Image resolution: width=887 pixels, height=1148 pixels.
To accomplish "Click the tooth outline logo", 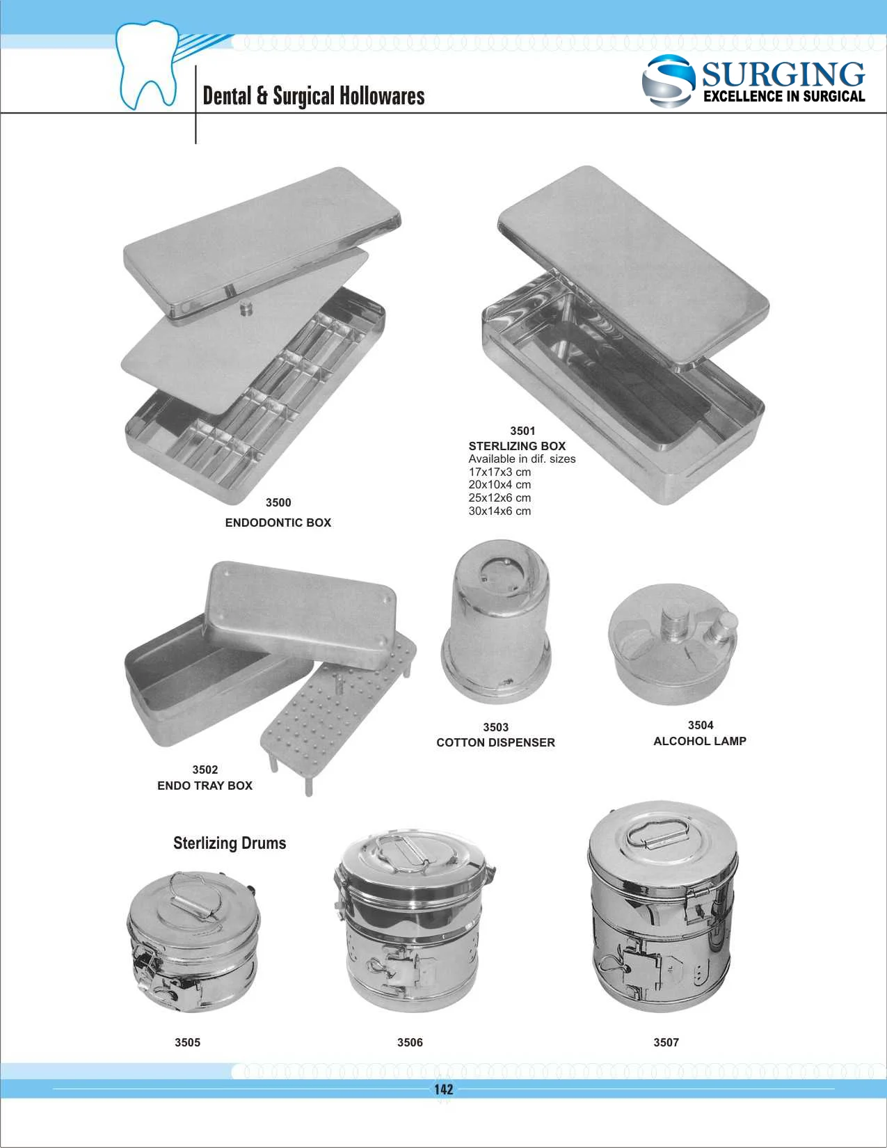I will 148,65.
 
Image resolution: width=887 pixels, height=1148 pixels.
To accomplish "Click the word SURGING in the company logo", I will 783,74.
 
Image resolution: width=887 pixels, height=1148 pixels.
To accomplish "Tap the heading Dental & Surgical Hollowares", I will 313,96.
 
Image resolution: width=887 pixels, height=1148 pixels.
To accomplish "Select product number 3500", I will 278,502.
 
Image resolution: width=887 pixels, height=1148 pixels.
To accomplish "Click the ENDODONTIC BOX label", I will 278,523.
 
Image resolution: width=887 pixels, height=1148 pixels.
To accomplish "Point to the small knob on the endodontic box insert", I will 245,307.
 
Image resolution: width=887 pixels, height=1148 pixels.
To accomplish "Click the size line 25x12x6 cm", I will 500,497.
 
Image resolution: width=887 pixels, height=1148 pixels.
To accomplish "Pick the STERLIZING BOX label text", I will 517,446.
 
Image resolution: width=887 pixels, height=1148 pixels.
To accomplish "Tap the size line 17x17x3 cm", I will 500,472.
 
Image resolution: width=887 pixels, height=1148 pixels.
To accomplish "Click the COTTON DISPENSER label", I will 495,742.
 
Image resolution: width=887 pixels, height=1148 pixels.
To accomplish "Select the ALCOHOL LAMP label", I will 699,741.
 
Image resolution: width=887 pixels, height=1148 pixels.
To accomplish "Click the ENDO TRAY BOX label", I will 205,786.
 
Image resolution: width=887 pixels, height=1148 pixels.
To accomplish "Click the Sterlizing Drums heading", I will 230,843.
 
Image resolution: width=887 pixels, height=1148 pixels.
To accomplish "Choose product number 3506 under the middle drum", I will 410,1042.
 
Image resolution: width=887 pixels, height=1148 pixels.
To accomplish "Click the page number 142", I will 443,1090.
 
